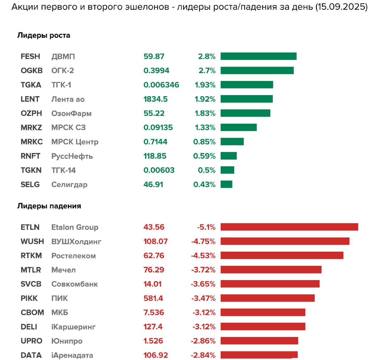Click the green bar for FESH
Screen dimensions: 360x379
(x=258, y=56)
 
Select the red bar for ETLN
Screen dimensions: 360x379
(x=289, y=227)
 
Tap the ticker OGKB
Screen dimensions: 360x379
(x=32, y=70)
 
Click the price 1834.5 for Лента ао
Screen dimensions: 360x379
(x=155, y=99)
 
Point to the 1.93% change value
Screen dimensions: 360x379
(x=205, y=85)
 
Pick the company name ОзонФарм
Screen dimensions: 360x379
(x=71, y=113)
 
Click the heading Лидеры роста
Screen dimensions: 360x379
(x=44, y=35)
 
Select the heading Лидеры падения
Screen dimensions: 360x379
(x=49, y=206)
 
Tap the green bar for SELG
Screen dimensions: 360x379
(x=226, y=184)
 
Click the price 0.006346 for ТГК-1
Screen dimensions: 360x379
(x=161, y=85)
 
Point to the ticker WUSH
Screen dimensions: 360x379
(x=32, y=241)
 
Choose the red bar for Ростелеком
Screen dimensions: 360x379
(x=282, y=255)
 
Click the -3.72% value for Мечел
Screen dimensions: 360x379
(x=203, y=270)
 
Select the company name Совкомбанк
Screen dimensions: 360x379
(x=75, y=284)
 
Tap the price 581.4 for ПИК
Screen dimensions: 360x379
(x=153, y=298)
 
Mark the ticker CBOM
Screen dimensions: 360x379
(x=32, y=313)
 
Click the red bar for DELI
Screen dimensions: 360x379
(x=263, y=326)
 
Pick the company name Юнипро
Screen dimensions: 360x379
(x=67, y=341)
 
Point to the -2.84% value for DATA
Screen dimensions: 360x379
(x=203, y=355)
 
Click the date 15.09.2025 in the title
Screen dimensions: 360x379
(x=341, y=7)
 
